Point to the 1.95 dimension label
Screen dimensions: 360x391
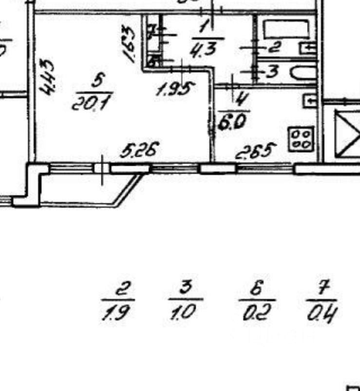175,90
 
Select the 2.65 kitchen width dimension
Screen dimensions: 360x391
256,152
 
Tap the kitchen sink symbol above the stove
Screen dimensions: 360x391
309,101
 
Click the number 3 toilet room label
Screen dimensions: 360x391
272,72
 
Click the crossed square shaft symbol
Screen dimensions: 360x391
347,134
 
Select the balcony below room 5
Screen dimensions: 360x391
83,188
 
